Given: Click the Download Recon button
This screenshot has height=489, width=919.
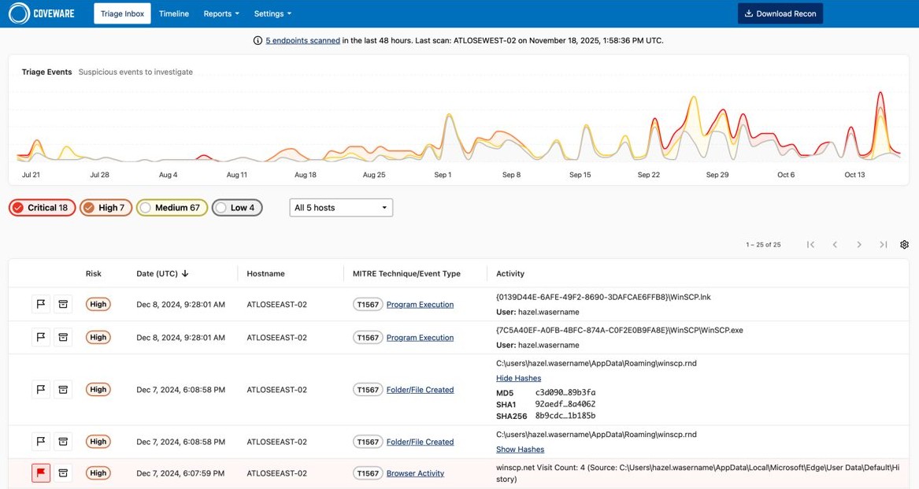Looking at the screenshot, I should click(780, 13).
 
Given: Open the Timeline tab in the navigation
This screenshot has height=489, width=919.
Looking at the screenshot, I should click(173, 13).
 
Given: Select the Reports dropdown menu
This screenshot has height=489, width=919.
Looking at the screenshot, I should click(220, 13).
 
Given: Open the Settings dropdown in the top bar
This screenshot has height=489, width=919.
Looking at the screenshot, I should click(272, 13).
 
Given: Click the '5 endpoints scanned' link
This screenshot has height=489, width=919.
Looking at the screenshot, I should click(302, 40).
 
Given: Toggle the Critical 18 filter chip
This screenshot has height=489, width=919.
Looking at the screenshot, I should click(43, 208).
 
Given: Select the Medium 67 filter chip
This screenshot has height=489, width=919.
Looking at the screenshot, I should click(172, 208).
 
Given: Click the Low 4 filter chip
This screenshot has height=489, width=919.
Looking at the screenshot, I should click(237, 208).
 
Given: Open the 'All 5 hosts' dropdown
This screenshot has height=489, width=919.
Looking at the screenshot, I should click(341, 208).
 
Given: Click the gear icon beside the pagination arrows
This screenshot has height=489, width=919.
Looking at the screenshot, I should click(904, 245).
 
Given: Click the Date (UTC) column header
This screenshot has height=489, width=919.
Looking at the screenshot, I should click(161, 274).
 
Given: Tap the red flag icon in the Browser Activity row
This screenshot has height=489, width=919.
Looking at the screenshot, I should click(41, 473).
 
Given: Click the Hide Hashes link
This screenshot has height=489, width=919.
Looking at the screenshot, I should click(518, 378).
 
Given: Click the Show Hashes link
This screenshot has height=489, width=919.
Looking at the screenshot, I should click(520, 449).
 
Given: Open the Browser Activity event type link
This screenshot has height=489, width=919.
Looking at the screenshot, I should click(415, 473).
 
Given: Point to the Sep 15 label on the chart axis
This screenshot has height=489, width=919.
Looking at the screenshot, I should click(580, 175).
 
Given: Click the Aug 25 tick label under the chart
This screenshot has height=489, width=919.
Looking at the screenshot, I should click(374, 175).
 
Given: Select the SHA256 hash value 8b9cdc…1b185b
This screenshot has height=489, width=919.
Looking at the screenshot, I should click(565, 416).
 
